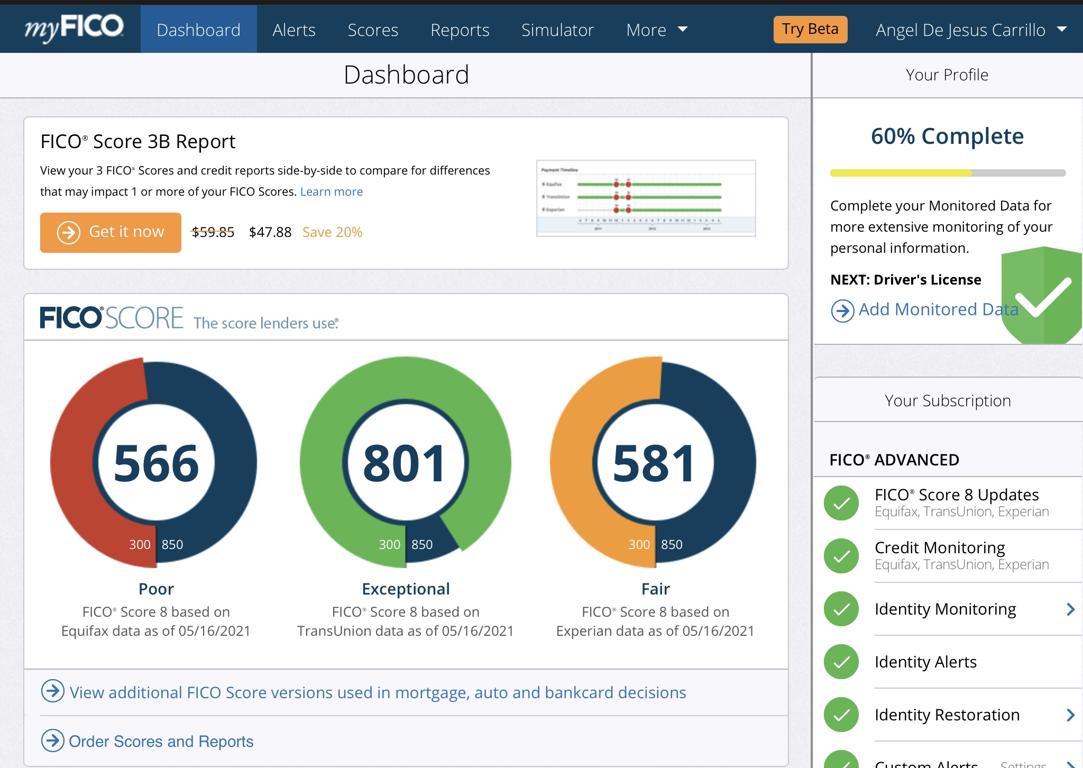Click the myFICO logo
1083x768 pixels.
(74, 29)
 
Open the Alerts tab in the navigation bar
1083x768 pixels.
(294, 30)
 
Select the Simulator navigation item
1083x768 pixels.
(557, 30)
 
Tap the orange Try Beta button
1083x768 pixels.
(810, 29)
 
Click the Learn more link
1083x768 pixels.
(332, 191)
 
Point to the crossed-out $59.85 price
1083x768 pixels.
(213, 232)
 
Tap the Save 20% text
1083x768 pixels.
(332, 232)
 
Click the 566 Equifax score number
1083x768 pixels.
(156, 464)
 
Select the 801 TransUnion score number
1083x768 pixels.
(405, 464)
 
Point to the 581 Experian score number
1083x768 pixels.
(654, 464)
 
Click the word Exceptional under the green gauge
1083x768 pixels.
(406, 589)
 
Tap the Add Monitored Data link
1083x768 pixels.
(938, 309)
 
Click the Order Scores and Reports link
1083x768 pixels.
(161, 742)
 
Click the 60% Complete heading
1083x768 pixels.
(947, 136)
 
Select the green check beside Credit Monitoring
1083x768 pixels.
(841, 556)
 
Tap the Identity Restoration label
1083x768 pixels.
(947, 715)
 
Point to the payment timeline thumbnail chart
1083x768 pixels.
(646, 198)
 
